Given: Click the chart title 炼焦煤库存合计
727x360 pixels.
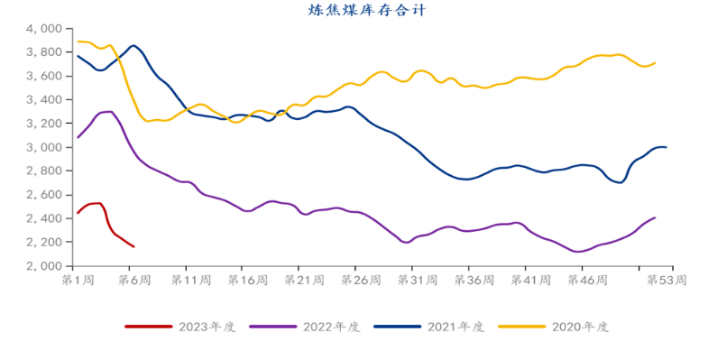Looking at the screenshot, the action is (x=366, y=11).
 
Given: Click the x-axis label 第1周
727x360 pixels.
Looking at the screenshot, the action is (x=76, y=280).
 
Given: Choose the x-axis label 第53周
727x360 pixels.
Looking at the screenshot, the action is (x=667, y=280).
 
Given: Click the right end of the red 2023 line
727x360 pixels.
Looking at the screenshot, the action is (x=134, y=247).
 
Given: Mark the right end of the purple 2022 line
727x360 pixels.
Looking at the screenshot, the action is (x=655, y=217).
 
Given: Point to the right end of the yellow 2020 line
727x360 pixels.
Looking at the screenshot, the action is (x=655, y=62).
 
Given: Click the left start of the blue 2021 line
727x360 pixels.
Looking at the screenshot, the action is (x=78, y=56).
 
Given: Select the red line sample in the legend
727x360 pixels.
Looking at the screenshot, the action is (x=148, y=327).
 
